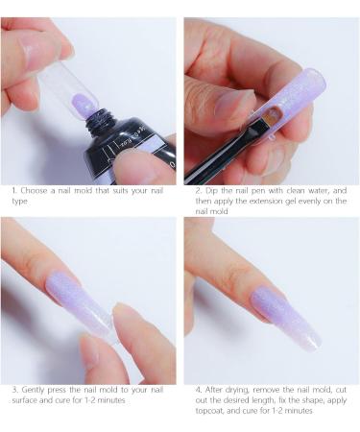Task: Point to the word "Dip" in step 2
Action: click(204, 190)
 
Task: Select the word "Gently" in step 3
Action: click(33, 389)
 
